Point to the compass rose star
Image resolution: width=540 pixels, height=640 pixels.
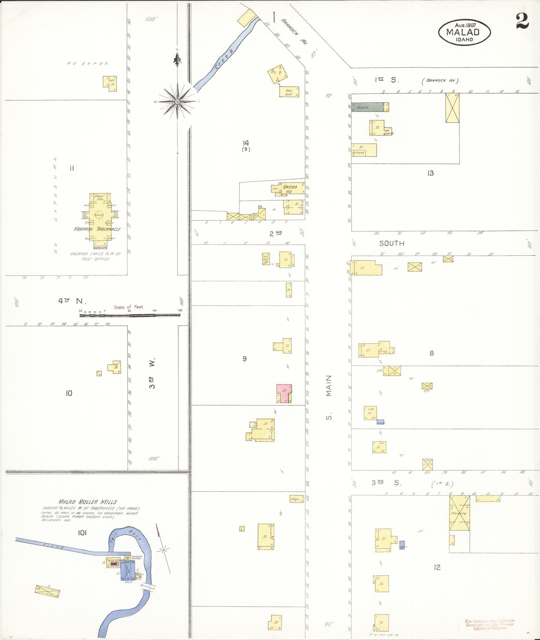coord(177,101)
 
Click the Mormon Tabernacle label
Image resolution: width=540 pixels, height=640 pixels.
coord(97,229)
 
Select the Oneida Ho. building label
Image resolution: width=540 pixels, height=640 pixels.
coord(290,189)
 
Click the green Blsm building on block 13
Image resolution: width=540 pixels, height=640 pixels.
coord(367,107)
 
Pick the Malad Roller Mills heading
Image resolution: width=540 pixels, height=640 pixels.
coord(88,501)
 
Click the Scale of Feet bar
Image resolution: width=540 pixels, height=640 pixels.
coord(130,315)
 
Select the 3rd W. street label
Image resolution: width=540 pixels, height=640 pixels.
coord(152,374)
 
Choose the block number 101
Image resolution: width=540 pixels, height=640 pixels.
coord(82,533)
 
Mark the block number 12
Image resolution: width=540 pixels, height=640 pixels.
coord(437,567)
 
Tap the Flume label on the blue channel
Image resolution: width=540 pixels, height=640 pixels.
coord(54,547)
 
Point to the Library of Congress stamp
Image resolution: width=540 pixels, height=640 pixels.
coord(489,625)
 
